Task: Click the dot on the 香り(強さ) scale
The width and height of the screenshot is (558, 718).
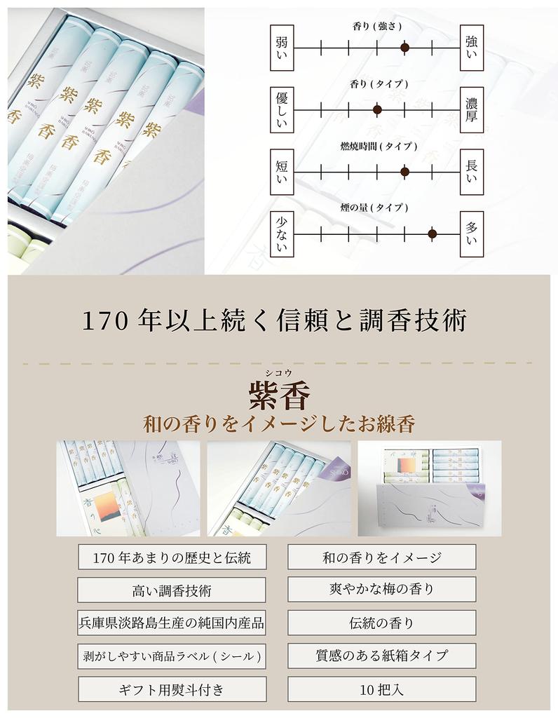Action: (x=404, y=48)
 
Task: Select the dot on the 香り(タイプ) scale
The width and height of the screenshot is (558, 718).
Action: (x=377, y=109)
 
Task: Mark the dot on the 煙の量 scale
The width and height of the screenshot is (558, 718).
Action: (x=432, y=233)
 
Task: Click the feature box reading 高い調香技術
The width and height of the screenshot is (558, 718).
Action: (x=171, y=590)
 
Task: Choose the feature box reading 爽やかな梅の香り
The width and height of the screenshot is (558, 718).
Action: (x=381, y=589)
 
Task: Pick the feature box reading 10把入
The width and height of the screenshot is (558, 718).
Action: (x=381, y=689)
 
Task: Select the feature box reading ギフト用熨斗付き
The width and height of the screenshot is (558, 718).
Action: (x=171, y=690)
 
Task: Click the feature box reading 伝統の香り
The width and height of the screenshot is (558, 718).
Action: (x=381, y=623)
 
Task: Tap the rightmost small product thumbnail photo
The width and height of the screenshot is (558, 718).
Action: (x=429, y=488)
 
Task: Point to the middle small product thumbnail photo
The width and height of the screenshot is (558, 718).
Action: (x=278, y=488)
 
